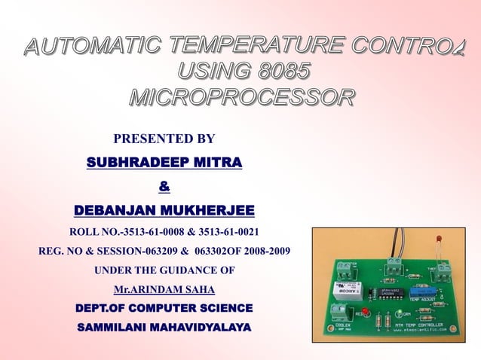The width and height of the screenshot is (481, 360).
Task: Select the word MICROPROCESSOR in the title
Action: pyautogui.click(x=241, y=98)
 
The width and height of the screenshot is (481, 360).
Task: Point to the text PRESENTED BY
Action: pyautogui.click(x=164, y=139)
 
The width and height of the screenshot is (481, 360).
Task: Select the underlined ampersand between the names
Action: pyautogui.click(x=164, y=186)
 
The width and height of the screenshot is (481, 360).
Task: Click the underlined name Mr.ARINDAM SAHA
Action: pyautogui.click(x=164, y=289)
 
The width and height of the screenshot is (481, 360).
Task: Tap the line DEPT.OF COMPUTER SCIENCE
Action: pyautogui.click(x=164, y=309)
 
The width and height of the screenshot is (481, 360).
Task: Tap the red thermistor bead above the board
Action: pyautogui.click(x=438, y=242)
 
